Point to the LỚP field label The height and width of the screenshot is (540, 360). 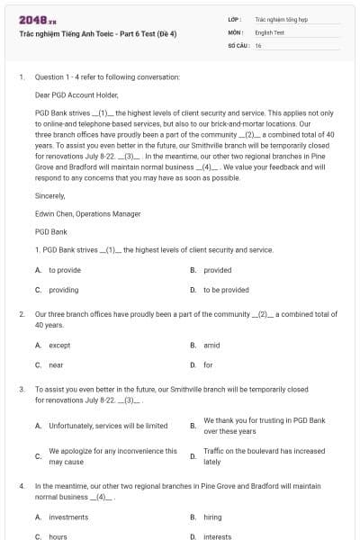click(x=235, y=18)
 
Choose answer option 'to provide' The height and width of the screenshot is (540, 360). click(x=65, y=270)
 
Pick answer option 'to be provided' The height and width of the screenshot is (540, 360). click(x=226, y=291)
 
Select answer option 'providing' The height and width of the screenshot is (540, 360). click(x=64, y=291)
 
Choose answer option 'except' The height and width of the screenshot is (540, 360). click(x=59, y=346)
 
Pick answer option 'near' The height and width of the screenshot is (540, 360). click(x=56, y=365)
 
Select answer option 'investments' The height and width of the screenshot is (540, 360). click(x=68, y=517)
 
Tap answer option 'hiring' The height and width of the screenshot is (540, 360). click(x=212, y=517)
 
